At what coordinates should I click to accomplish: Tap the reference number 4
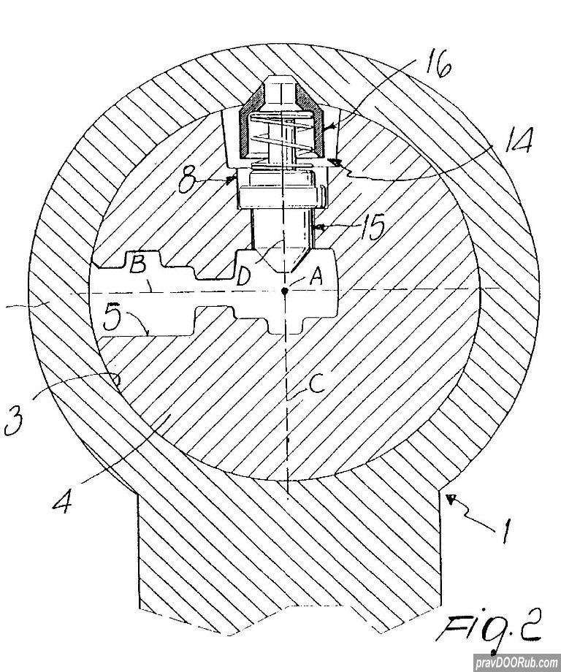[x=62, y=498]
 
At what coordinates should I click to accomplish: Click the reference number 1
[x=505, y=530]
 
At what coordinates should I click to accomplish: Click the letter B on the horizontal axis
[x=138, y=266]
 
